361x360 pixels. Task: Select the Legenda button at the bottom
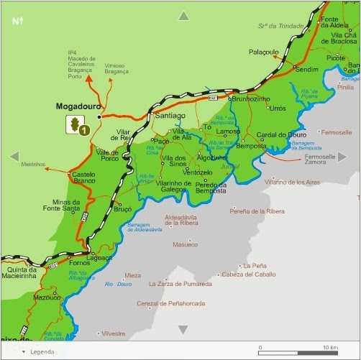click(x=40, y=351)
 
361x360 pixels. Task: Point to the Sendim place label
click(x=306, y=70)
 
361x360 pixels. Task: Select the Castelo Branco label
click(x=83, y=177)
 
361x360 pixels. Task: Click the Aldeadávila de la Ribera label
click(x=180, y=220)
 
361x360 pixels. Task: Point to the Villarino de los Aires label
click(x=292, y=183)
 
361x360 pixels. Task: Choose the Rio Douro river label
click(x=118, y=285)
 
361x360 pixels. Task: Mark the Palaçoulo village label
click(x=263, y=52)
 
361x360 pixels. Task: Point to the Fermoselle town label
click(x=336, y=133)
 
